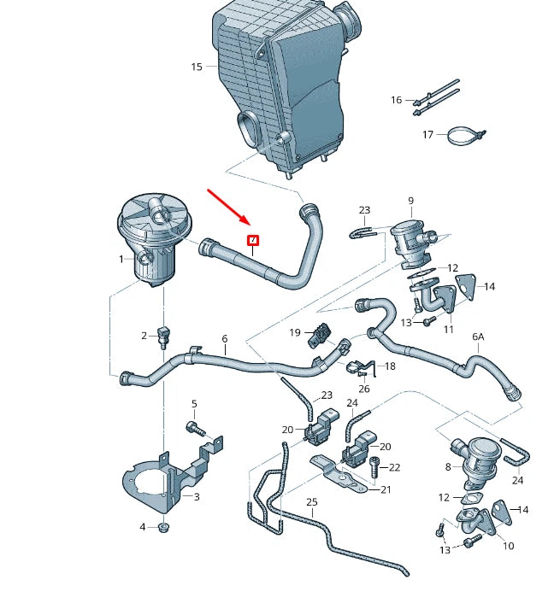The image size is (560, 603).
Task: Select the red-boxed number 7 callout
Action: point(252,240)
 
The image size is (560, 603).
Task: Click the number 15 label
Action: point(197,67)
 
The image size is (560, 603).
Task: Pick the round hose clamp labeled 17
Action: point(463,135)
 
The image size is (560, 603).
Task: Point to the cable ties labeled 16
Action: point(436,98)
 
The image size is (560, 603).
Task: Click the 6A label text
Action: point(477,337)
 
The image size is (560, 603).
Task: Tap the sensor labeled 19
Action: point(320,334)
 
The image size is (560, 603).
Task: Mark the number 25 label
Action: point(311,502)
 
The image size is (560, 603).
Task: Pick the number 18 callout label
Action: point(390,366)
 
